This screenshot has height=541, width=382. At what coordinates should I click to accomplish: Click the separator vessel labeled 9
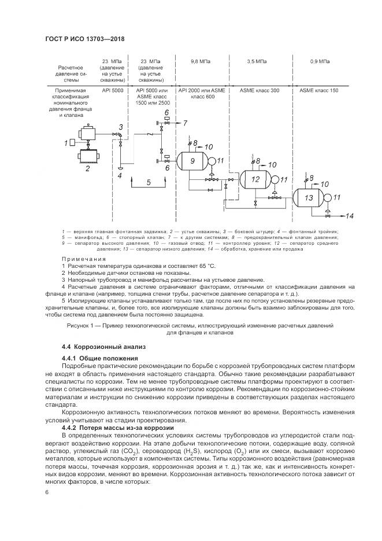click(x=191, y=161)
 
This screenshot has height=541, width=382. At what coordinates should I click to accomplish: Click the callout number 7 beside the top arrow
click(x=185, y=123)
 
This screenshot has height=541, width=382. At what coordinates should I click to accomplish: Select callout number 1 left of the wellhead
click(x=66, y=142)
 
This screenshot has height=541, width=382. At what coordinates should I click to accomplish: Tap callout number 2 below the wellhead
click(x=88, y=168)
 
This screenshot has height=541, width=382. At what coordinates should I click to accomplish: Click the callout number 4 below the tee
click(x=119, y=174)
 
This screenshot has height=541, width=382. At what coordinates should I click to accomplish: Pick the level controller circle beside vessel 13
click(x=328, y=197)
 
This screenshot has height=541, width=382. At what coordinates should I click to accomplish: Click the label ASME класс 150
click(x=319, y=91)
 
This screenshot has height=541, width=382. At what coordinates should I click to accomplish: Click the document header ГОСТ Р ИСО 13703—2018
click(x=84, y=39)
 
